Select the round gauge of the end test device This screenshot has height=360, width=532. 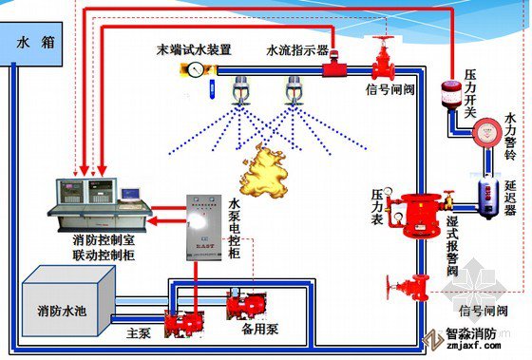pos(197,69)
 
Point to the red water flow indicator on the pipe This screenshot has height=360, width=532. pos(332,66)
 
